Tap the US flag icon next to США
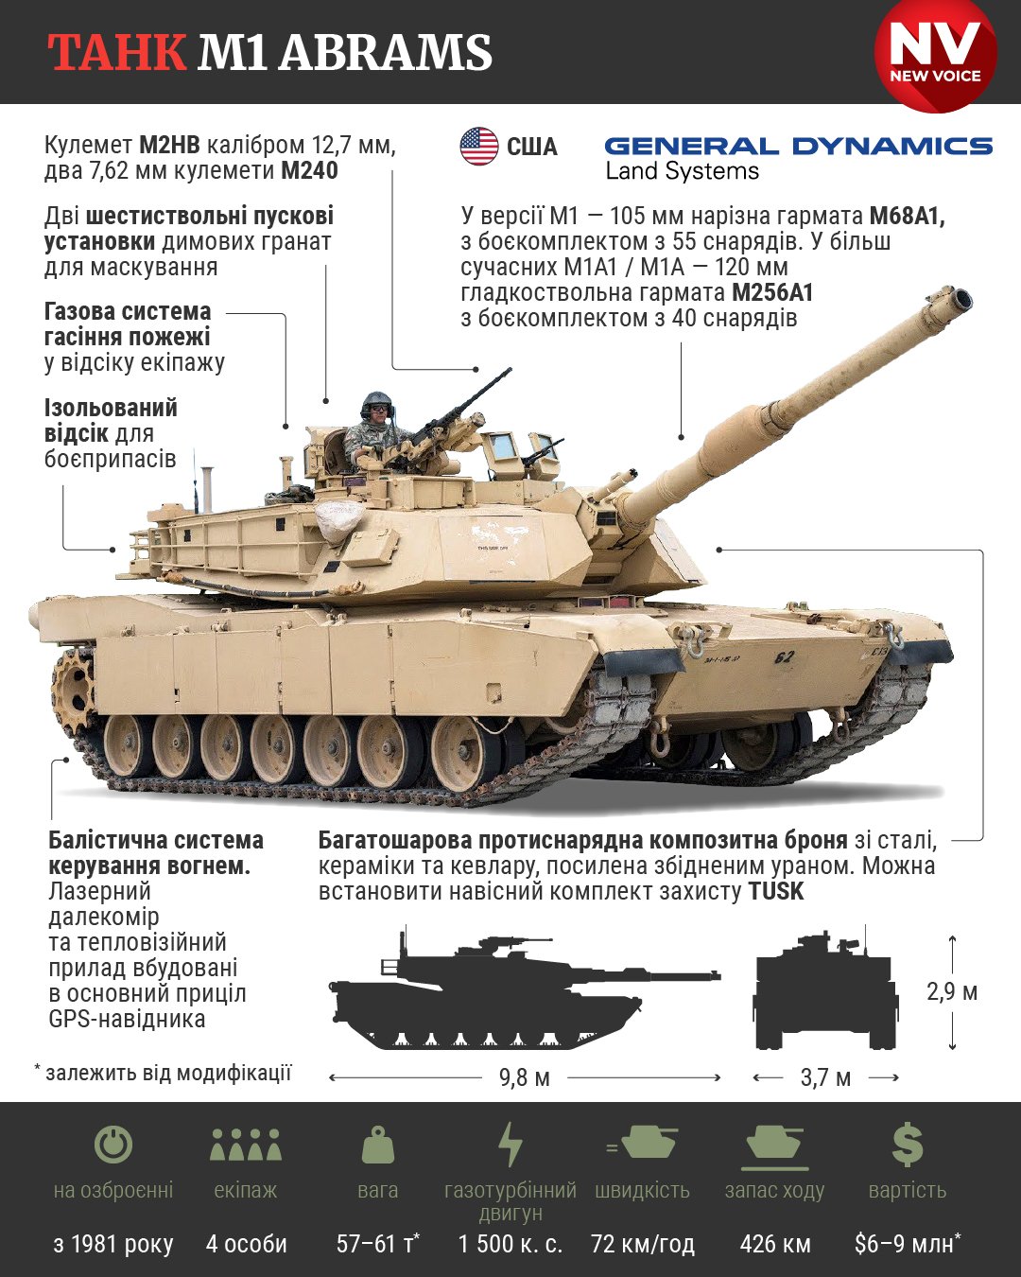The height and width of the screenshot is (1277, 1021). click(x=479, y=147)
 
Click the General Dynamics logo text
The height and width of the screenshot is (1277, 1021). click(x=798, y=147)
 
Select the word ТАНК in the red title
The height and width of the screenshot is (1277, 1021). click(x=117, y=53)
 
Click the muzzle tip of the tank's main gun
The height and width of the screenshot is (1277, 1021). click(x=960, y=302)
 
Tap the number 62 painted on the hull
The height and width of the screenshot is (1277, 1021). click(x=784, y=656)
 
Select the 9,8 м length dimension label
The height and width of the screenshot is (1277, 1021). click(x=525, y=1077)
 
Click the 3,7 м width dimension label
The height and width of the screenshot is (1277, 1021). click(x=825, y=1077)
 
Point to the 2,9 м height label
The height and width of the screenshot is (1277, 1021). click(x=952, y=991)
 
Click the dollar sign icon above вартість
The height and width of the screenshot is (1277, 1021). click(x=908, y=1145)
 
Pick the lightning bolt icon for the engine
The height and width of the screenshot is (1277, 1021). click(x=510, y=1145)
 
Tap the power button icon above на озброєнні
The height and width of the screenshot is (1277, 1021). click(x=113, y=1145)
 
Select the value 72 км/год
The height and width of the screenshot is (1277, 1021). click(x=643, y=1244)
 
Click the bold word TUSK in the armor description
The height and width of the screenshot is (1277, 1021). click(x=775, y=891)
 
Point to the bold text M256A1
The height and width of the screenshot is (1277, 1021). click(x=772, y=292)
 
